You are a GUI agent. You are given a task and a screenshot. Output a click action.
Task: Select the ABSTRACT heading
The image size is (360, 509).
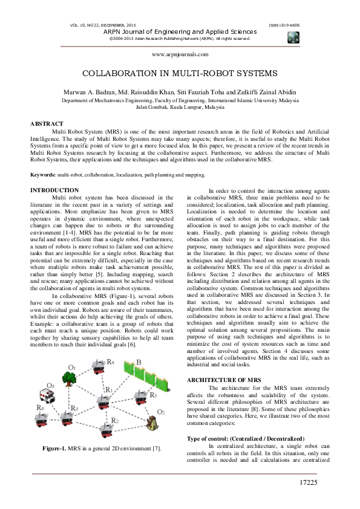click(x=47, y=123)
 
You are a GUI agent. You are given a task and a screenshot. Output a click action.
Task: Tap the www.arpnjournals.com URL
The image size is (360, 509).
click(x=180, y=54)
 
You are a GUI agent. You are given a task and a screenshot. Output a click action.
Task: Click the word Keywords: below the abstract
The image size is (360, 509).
click(x=43, y=174)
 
